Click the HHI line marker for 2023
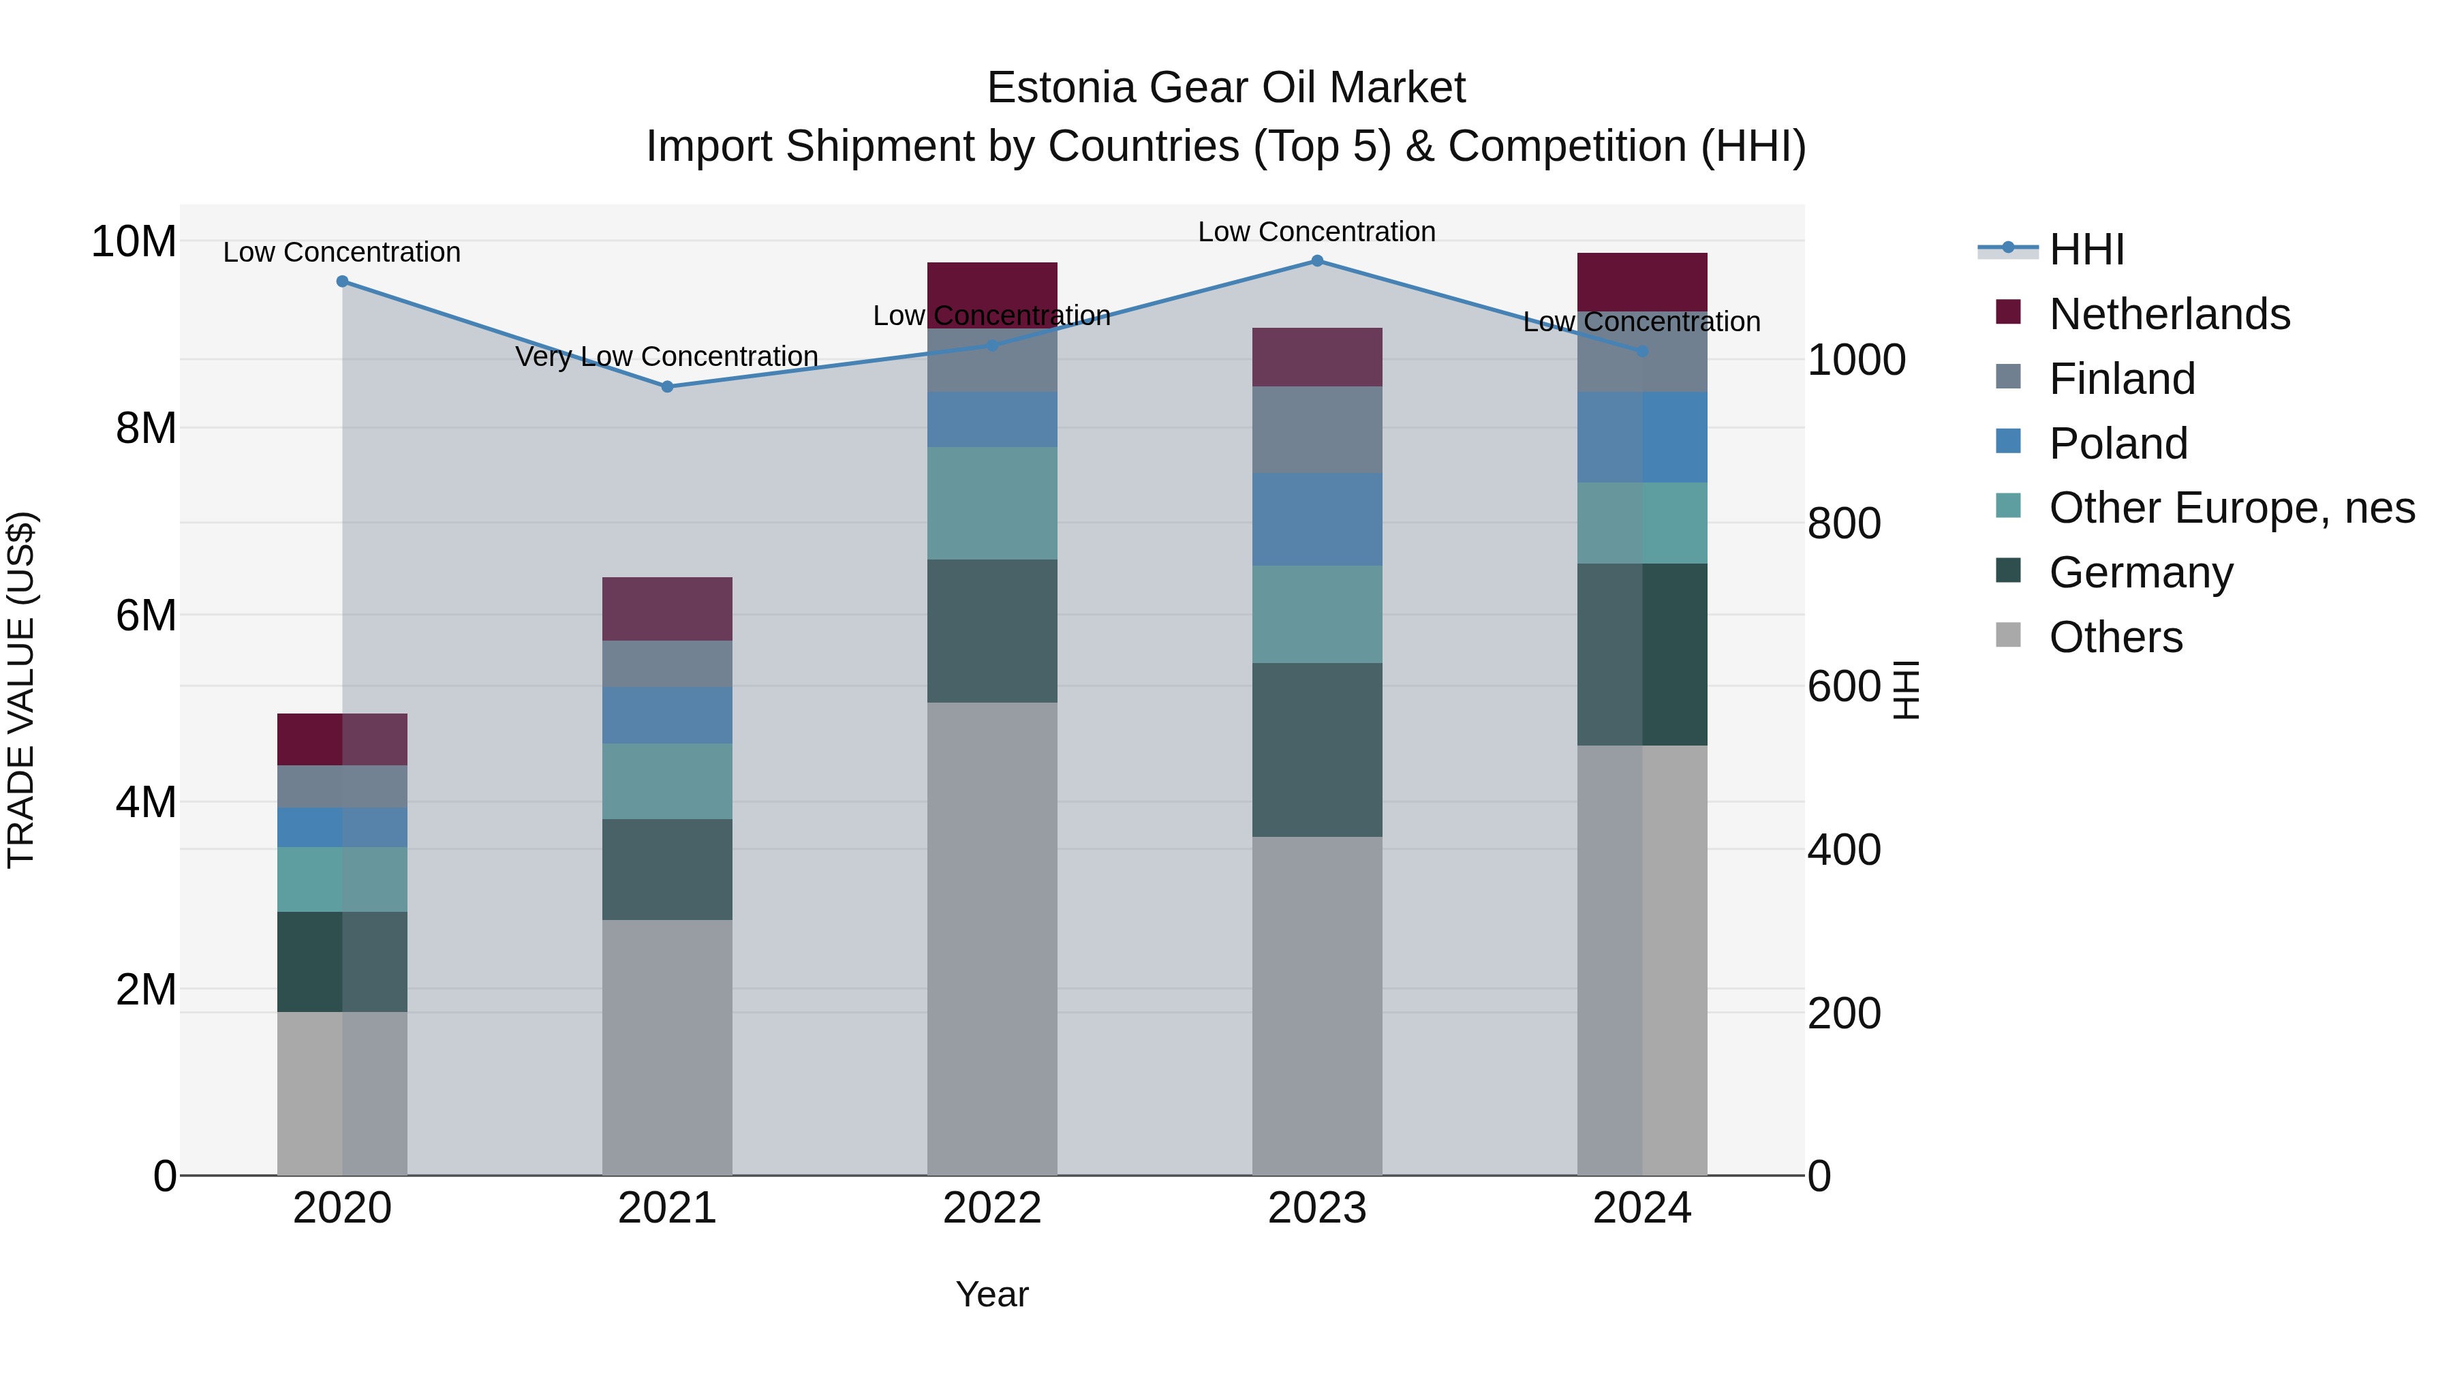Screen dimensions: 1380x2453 [1317, 260]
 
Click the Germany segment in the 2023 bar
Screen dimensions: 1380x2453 [1317, 750]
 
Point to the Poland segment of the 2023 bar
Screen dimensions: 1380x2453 [1317, 519]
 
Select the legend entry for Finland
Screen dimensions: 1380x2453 [2122, 379]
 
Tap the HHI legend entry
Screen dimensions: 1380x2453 [2086, 249]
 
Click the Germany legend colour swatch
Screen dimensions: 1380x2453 [2007, 570]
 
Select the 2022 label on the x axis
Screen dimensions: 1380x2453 [992, 1208]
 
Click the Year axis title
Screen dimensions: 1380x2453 [992, 1294]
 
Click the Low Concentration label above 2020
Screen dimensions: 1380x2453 [342, 252]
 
